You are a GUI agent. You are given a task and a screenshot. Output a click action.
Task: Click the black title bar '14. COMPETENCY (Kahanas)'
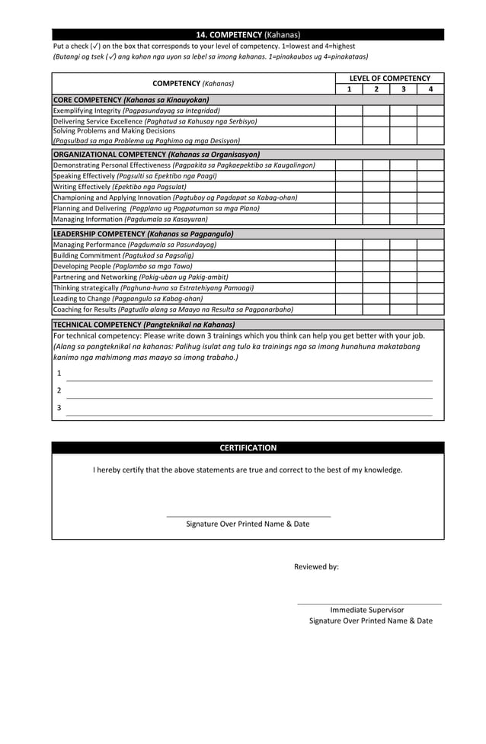click(x=248, y=34)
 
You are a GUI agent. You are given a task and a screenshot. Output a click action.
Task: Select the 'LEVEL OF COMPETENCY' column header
click(x=389, y=79)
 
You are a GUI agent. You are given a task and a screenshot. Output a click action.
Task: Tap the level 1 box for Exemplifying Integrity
click(x=349, y=111)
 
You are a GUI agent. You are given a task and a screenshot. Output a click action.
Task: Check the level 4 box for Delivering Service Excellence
click(x=430, y=121)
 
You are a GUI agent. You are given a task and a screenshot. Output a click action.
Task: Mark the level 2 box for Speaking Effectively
click(x=376, y=176)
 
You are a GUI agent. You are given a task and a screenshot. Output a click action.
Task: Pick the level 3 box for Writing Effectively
click(x=403, y=187)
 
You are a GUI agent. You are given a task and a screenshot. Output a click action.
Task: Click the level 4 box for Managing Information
click(x=430, y=220)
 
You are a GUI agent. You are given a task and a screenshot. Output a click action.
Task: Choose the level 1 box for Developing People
click(x=349, y=266)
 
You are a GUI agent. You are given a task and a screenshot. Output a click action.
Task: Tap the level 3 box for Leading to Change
click(x=403, y=299)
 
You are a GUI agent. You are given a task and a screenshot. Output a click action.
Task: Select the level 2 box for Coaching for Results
click(x=376, y=309)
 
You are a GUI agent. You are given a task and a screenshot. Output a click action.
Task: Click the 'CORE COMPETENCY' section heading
click(x=130, y=100)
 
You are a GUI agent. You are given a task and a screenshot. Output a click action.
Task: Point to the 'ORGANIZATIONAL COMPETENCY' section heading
click(x=156, y=154)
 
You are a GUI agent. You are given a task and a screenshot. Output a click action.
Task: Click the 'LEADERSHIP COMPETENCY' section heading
click(x=143, y=234)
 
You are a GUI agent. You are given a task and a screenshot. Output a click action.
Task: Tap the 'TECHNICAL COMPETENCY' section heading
click(x=144, y=325)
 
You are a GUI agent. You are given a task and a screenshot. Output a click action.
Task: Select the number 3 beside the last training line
click(x=59, y=408)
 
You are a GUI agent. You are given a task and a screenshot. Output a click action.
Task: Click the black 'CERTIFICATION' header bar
click(x=248, y=448)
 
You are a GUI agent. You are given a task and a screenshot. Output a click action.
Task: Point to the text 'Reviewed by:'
click(x=316, y=566)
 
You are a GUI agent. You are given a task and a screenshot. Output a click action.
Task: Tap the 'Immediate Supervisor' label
click(x=367, y=610)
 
